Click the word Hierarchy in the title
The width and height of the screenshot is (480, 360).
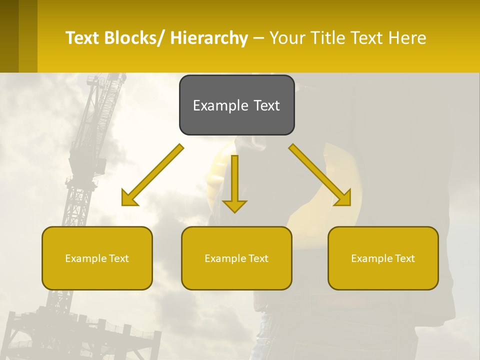click(x=209, y=38)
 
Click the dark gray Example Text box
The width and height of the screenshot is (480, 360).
click(x=236, y=105)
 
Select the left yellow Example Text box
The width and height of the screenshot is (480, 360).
click(x=97, y=258)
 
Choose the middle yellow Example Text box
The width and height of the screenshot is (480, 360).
click(x=236, y=258)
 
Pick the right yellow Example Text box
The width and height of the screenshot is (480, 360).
click(x=383, y=258)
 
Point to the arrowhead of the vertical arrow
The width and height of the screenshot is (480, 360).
click(x=234, y=205)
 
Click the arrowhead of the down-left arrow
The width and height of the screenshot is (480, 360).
click(x=129, y=199)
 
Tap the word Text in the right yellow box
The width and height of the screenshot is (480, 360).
click(x=404, y=258)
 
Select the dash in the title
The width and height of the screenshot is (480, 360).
click(x=258, y=38)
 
